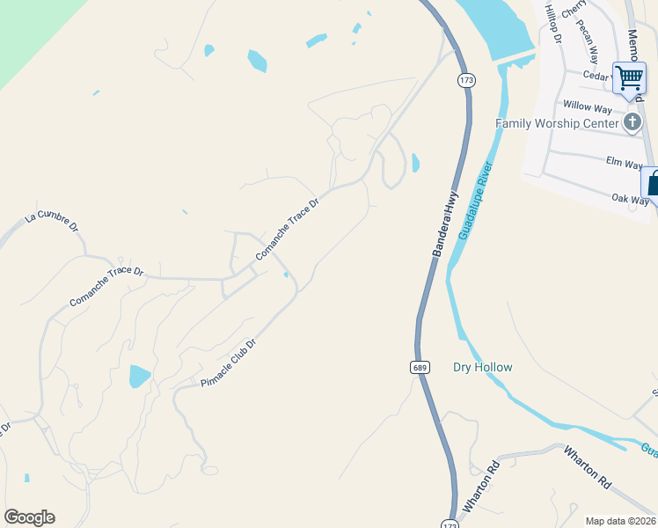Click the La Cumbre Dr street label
pos(53,221)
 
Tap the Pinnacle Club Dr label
pos(228,363)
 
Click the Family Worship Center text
pos(557,123)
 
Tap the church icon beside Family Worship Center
pos(632,122)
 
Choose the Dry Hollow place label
pos(482,367)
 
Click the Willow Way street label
pos(587,107)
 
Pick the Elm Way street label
pos(625,162)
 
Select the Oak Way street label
pos(630,200)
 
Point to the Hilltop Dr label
pos(552,21)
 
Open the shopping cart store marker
pos(630,77)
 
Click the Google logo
pos(29,517)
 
